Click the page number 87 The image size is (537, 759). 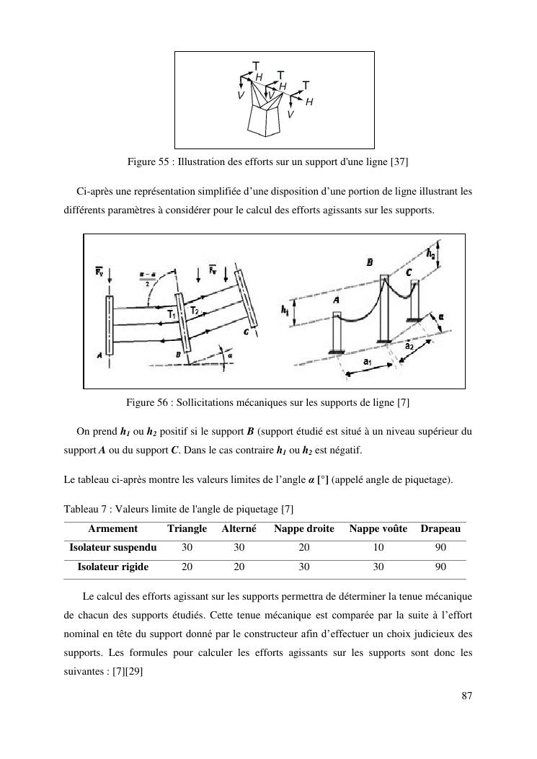(x=466, y=696)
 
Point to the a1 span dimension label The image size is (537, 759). (x=368, y=360)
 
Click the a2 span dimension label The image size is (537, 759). (x=409, y=346)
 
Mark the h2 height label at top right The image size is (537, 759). (x=430, y=253)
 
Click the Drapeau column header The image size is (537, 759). (x=440, y=529)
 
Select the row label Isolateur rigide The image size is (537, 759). (x=113, y=567)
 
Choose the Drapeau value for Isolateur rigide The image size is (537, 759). (x=441, y=567)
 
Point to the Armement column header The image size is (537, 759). (x=112, y=529)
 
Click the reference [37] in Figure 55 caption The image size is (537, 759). (x=399, y=162)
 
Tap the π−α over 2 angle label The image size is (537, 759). (x=143, y=278)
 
